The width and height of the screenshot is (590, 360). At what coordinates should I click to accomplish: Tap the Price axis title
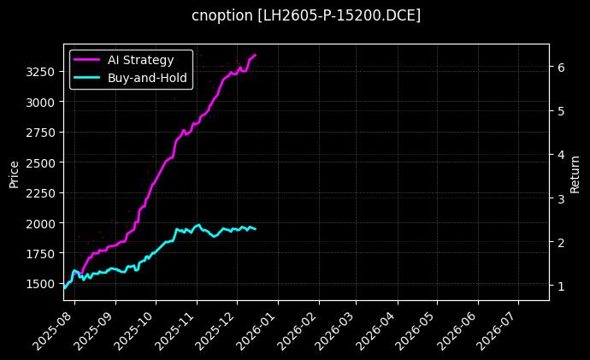click(14, 172)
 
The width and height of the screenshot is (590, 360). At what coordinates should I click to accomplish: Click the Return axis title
click(575, 172)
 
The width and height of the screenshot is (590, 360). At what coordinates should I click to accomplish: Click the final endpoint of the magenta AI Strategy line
click(255, 55)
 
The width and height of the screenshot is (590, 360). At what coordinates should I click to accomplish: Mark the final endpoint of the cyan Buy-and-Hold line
click(255, 229)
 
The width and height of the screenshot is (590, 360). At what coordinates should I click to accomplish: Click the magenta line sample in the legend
click(87, 60)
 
